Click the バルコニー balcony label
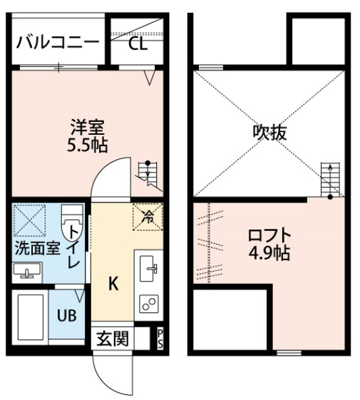[58, 42]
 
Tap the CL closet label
[138, 44]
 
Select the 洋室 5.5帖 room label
[88, 136]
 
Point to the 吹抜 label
[269, 133]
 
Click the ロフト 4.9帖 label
[269, 244]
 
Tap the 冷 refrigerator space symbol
[148, 217]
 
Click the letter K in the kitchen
[113, 284]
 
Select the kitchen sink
[149, 268]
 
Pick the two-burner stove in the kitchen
[149, 304]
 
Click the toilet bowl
[73, 222]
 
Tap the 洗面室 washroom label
[38, 247]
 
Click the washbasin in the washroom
[27, 271]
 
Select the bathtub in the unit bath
[31, 317]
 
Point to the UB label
[66, 316]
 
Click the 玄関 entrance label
[113, 339]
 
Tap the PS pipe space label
[160, 339]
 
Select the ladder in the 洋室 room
[149, 176]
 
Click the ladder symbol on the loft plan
[330, 180]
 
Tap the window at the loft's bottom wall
[289, 353]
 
